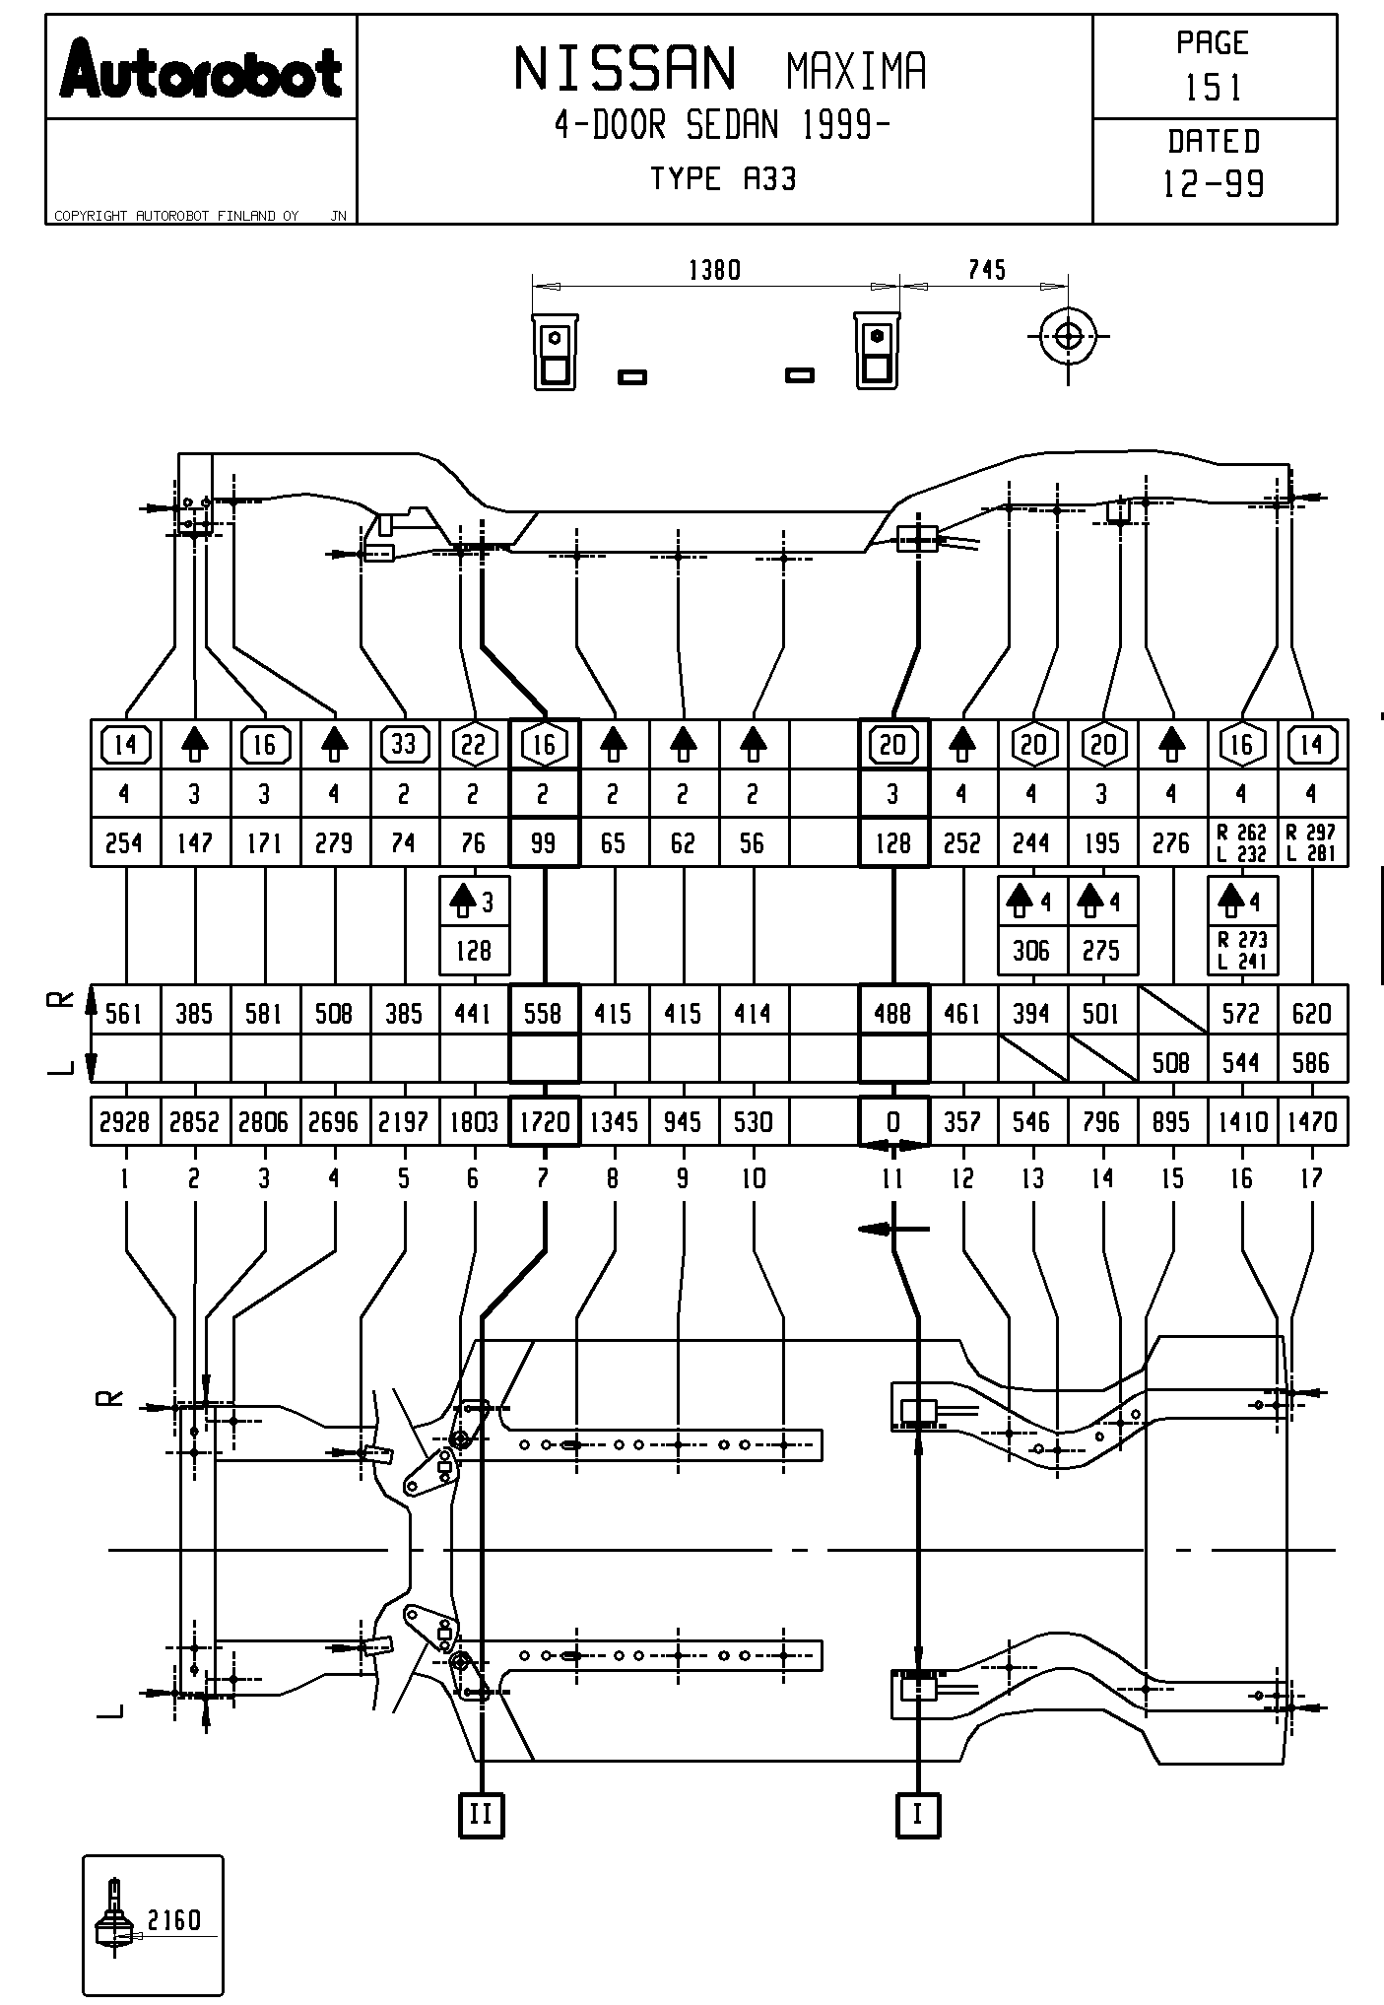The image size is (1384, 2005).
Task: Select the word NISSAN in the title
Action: click(x=625, y=70)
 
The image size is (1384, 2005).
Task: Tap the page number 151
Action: click(x=1213, y=89)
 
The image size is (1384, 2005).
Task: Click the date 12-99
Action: click(x=1213, y=184)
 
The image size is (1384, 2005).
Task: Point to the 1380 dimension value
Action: click(x=714, y=270)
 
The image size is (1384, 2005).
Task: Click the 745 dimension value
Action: click(x=986, y=270)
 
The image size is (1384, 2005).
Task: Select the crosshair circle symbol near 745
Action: click(x=1068, y=336)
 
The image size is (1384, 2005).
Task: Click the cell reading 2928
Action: click(x=125, y=1122)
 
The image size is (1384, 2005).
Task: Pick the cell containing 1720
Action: click(x=544, y=1122)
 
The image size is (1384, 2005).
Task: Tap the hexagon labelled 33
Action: click(x=404, y=745)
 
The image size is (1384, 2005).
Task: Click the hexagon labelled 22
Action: click(x=474, y=745)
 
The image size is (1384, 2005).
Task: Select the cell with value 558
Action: click(x=544, y=1013)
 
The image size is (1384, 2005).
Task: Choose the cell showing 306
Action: click(x=1032, y=951)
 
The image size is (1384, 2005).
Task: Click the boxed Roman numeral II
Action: click(x=481, y=1814)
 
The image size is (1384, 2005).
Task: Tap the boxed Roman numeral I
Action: click(x=918, y=1814)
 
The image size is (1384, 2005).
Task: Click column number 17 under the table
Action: click(x=1311, y=1178)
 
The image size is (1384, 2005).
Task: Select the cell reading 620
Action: click(x=1311, y=1013)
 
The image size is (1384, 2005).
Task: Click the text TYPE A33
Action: click(x=723, y=179)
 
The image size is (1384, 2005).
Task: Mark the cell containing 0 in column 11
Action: click(x=893, y=1122)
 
